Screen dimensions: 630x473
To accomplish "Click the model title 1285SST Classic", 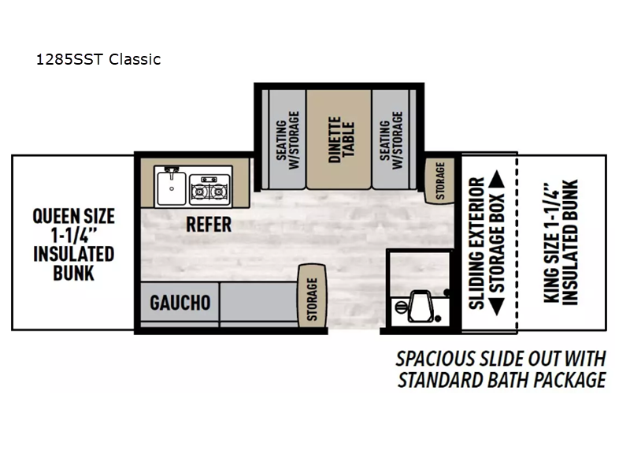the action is [x=98, y=60].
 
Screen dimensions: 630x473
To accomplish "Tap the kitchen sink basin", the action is [x=172, y=188].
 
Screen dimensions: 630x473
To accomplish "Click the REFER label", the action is [x=209, y=225].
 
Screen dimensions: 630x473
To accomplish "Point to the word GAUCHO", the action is [x=180, y=303].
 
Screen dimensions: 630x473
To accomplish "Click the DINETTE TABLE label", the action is [x=342, y=140].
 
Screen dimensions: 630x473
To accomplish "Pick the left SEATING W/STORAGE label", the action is [x=287, y=140].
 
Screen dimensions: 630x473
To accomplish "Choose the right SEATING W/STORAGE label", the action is [x=391, y=140].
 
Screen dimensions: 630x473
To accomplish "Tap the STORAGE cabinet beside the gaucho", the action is [x=312, y=296].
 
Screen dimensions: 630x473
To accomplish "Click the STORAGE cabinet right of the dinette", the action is [x=440, y=181].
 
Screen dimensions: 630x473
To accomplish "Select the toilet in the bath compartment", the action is [x=418, y=307].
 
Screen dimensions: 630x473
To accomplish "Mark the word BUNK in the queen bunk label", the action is [x=73, y=273].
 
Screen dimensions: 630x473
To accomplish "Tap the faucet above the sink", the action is [x=172, y=171].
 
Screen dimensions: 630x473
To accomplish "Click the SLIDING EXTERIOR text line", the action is [x=477, y=244].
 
